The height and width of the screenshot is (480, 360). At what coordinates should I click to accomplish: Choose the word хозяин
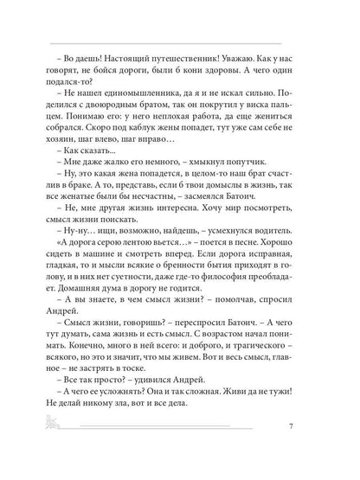72,154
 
